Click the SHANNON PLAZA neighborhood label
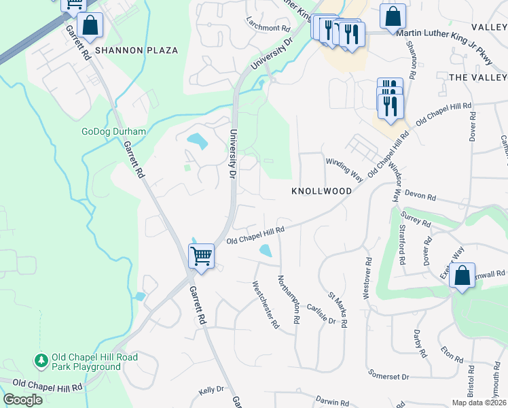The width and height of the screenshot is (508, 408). point(137,50)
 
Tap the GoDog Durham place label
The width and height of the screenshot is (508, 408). point(114,132)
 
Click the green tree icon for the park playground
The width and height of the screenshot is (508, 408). point(41,360)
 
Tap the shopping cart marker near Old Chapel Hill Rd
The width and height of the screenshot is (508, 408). point(201,256)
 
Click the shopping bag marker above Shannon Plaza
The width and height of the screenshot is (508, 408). point(90,26)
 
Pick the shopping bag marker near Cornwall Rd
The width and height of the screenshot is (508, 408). point(462,276)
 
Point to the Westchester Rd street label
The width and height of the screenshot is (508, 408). point(266,305)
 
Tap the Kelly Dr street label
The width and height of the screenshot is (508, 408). point(211,390)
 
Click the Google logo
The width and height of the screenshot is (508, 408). point(22,399)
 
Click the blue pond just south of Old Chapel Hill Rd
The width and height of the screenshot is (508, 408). point(266,251)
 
